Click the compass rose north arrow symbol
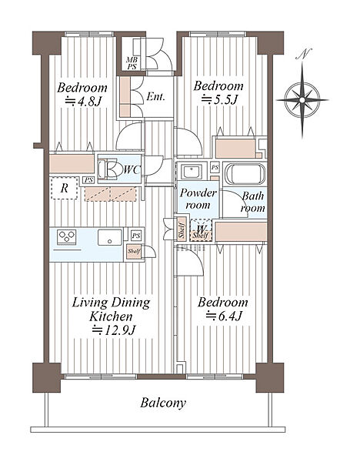click(302, 100)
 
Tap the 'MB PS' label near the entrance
click(132, 63)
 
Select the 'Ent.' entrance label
click(155, 97)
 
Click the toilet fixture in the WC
click(108, 169)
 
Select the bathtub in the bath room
click(245, 173)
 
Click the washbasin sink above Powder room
click(192, 172)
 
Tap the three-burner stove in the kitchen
click(67, 237)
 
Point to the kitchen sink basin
click(110, 237)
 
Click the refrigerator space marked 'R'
click(65, 188)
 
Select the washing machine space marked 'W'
click(201, 229)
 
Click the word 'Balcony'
click(163, 403)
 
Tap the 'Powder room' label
click(198, 199)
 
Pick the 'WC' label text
click(132, 169)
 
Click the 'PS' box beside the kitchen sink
click(136, 236)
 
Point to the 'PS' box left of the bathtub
click(215, 167)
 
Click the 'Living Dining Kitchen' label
click(112, 310)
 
